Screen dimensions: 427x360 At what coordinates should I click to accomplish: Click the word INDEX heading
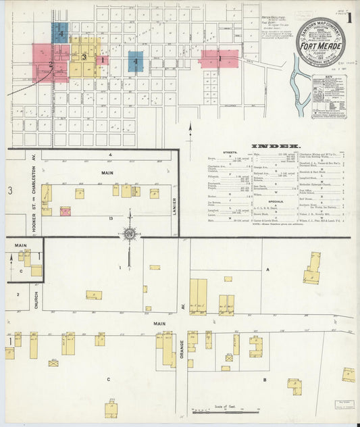276,146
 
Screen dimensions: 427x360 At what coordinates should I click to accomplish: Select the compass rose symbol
129,234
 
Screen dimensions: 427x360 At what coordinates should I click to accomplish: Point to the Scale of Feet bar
226,411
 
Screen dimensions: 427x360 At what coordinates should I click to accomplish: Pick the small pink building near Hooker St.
66,211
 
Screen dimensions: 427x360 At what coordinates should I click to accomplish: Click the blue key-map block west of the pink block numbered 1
135,61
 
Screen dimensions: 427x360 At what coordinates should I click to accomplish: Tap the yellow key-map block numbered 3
84,58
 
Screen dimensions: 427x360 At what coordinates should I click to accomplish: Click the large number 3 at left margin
10,191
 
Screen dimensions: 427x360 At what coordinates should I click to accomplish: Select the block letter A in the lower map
267,269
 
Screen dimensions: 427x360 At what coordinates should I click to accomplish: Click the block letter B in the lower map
265,379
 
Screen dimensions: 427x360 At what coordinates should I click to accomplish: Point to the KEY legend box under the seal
328,96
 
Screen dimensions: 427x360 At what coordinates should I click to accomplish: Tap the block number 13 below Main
109,219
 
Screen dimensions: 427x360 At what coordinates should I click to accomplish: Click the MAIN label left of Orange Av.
159,324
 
